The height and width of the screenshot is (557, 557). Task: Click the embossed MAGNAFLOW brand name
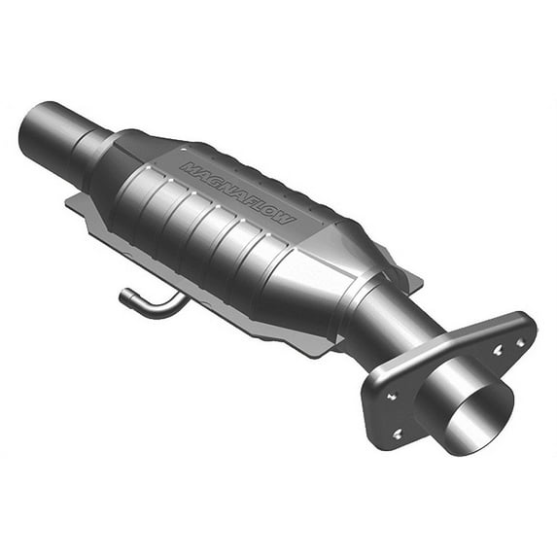pyautogui.click(x=238, y=192)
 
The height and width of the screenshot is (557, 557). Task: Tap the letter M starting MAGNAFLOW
pyautogui.click(x=187, y=167)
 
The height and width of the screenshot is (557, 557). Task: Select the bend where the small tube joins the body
pyautogui.click(x=180, y=301)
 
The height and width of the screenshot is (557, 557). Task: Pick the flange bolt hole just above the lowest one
pyautogui.click(x=392, y=396)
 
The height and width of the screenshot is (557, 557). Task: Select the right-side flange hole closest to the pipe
pyautogui.click(x=497, y=351)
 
